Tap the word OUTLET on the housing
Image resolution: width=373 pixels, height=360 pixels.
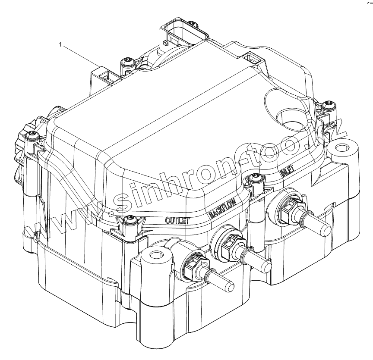pyautogui.click(x=178, y=220)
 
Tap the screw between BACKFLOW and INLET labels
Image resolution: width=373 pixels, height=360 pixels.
pyautogui.click(x=256, y=178)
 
